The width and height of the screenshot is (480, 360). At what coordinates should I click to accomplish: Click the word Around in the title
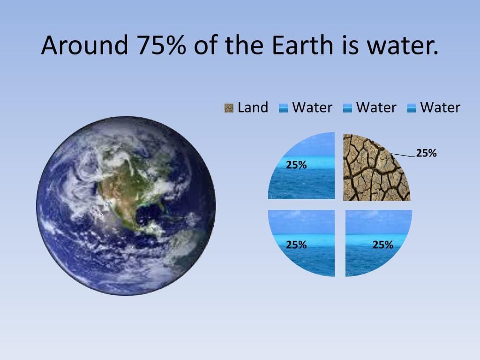tap(84, 45)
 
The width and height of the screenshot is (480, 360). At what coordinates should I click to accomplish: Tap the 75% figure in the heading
tap(161, 45)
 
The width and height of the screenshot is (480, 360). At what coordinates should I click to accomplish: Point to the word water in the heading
tap(403, 45)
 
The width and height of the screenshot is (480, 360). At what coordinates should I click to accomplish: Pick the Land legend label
tap(253, 107)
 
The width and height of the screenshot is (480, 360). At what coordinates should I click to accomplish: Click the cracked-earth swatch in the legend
tap(229, 108)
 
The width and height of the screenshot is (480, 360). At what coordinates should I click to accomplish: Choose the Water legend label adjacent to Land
tap(312, 107)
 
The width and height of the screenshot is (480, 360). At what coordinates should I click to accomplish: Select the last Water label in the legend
tap(440, 107)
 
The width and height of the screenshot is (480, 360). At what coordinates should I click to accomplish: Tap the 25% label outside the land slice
tap(426, 153)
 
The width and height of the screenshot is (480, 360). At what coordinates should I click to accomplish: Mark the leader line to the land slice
tap(403, 155)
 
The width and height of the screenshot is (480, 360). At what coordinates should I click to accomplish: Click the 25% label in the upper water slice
tap(296, 165)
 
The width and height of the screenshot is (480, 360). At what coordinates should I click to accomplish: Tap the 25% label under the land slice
tap(382, 245)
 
